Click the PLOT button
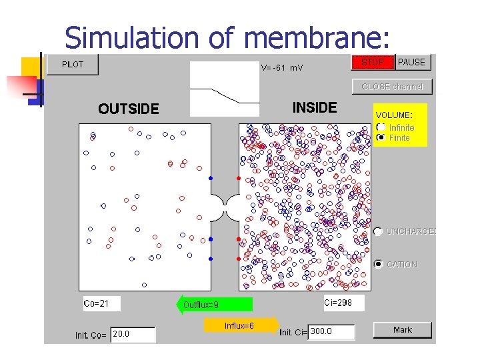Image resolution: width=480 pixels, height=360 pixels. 73,65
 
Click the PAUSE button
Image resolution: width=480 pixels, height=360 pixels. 412,63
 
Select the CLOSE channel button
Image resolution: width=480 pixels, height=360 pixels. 392,87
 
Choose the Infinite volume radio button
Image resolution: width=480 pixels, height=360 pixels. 381,127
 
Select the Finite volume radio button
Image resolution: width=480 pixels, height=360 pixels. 381,137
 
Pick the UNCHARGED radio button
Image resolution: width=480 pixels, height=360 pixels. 379,231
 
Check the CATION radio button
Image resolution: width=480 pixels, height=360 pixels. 379,264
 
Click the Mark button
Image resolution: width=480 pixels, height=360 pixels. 403,330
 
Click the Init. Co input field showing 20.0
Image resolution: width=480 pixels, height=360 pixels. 133,334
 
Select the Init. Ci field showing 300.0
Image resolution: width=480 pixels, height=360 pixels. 331,331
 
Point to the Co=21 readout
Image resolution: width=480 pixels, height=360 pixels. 101,304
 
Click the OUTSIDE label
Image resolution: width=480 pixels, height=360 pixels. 129,109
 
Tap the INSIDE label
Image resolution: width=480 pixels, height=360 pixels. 315,107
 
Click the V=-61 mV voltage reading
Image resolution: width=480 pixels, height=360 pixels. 281,67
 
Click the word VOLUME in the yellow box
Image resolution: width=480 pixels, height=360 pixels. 393,115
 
